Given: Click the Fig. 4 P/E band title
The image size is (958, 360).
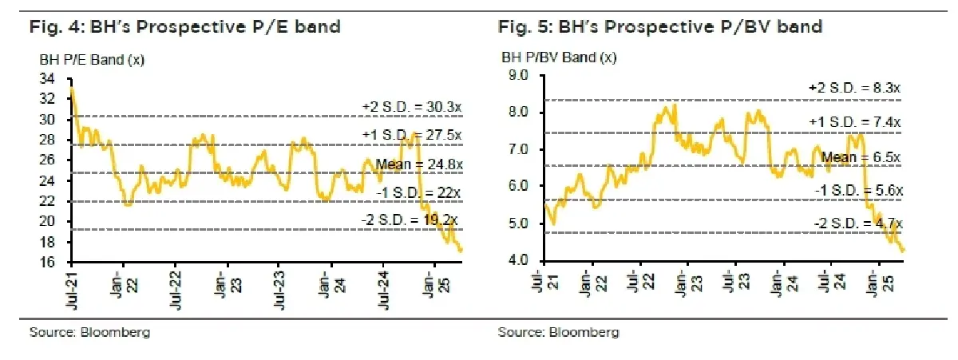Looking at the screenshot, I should coord(184,26).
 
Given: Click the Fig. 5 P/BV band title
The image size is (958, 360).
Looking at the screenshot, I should coord(660,26).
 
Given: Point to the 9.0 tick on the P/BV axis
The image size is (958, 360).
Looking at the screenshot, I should coord(519,76).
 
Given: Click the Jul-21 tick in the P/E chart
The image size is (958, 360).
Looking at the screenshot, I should coord(73,287).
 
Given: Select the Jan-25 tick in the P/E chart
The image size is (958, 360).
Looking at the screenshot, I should coord(434,287).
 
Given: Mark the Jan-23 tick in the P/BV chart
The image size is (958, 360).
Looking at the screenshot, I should coord(683,287).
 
